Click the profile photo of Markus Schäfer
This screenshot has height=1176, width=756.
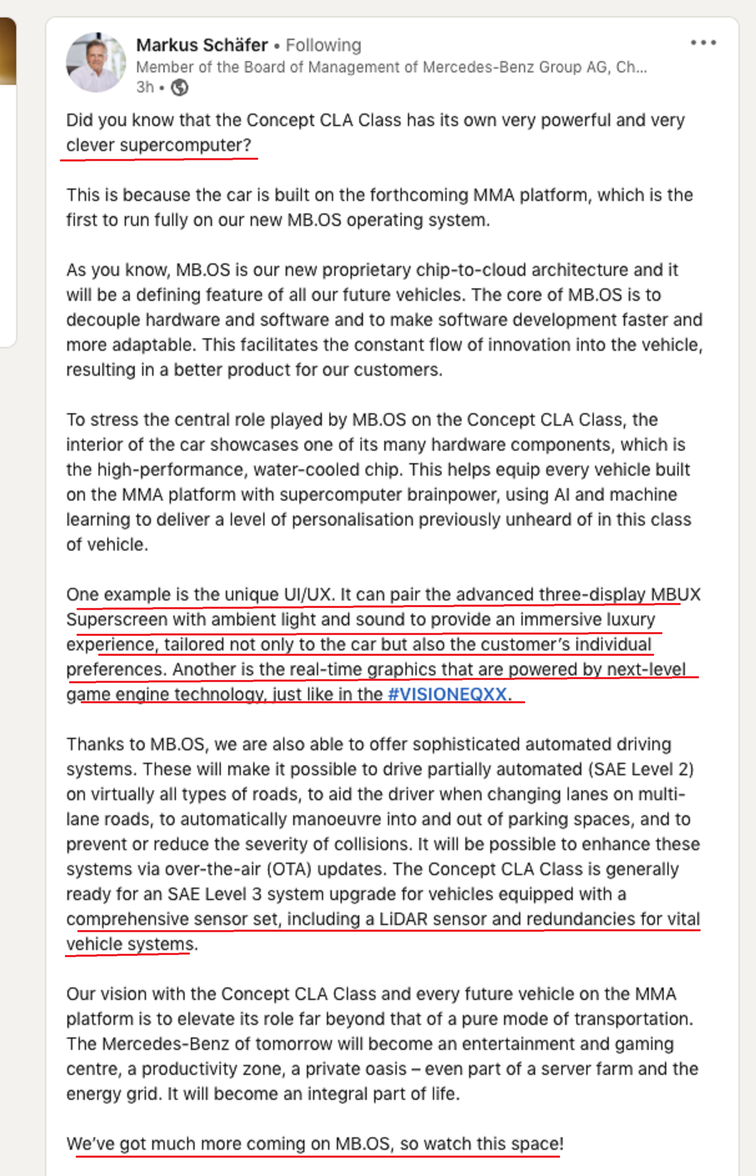96,62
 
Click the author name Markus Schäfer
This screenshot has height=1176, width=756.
202,45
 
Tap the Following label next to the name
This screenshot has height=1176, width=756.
324,45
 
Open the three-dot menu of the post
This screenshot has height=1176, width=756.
703,43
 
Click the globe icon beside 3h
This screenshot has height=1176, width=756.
180,87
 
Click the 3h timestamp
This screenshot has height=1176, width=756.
145,87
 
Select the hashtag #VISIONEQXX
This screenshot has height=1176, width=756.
447,694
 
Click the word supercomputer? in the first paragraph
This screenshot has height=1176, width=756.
185,145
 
